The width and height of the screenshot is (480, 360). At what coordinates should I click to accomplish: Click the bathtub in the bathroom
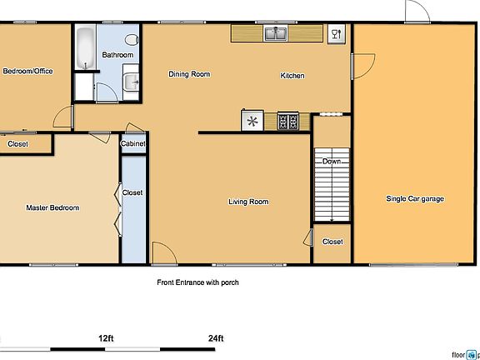point(84,48)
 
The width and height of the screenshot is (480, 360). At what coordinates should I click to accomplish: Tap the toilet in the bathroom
point(132,39)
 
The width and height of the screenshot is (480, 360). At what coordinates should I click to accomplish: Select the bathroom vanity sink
point(131,82)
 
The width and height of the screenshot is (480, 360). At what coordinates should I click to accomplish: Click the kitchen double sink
point(275,34)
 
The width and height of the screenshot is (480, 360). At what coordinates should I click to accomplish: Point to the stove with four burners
point(288,122)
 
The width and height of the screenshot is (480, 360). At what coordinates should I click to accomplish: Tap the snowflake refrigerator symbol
point(251,122)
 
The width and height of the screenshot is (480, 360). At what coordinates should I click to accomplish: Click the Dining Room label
point(189,75)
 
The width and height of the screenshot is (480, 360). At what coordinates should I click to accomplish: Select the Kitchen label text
point(292,76)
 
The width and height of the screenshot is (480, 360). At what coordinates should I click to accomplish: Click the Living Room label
point(248,202)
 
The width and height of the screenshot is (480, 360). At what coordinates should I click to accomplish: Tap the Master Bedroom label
point(52,207)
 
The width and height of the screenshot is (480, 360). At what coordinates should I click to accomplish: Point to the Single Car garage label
point(414,199)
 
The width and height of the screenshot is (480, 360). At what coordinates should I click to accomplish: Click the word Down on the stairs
point(331,162)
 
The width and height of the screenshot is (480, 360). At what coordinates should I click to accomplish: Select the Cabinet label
point(133,144)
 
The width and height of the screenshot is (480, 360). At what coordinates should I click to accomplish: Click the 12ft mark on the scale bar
point(105,338)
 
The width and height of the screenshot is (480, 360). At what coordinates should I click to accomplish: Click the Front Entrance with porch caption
point(198,282)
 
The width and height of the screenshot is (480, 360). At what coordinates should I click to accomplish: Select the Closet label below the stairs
point(332,242)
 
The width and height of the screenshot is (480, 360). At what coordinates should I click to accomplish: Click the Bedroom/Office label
point(28,72)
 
